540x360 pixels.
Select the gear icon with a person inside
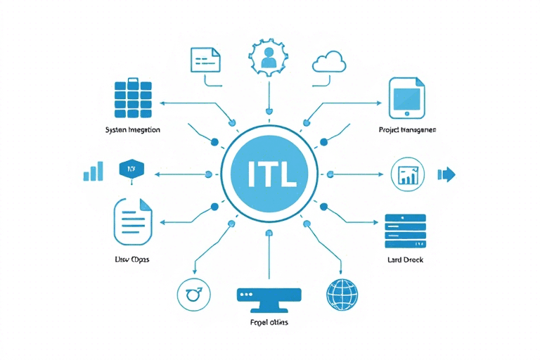click(269, 58)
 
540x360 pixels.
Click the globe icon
click(342, 295)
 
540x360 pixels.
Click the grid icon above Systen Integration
click(132, 98)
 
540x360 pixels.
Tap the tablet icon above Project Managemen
click(407, 98)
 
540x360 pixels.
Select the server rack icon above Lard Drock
click(406, 231)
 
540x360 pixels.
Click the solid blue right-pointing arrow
click(447, 174)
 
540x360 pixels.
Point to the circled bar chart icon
click(407, 175)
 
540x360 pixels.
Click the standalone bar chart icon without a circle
click(94, 172)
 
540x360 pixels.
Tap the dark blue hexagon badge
click(131, 169)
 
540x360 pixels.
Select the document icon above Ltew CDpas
click(132, 221)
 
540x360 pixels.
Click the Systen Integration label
click(132, 130)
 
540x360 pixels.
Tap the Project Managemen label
click(407, 130)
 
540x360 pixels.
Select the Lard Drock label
click(405, 260)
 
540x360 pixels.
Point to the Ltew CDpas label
click(132, 259)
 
